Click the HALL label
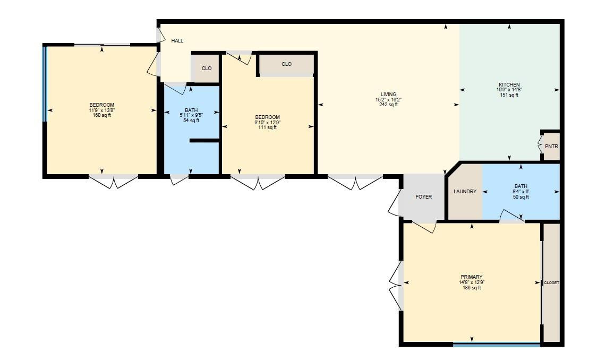click(x=177, y=40)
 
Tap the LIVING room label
click(x=388, y=95)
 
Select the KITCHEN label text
click(x=509, y=85)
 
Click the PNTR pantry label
click(x=551, y=146)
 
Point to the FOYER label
click(x=423, y=197)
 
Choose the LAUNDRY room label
click(x=465, y=192)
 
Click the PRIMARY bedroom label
click(x=471, y=277)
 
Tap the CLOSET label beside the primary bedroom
click(x=551, y=283)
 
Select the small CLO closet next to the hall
click(x=207, y=68)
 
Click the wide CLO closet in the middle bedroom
click(x=286, y=64)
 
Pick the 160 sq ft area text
click(x=101, y=115)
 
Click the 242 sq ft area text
click(x=388, y=105)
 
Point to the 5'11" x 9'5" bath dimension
click(x=191, y=115)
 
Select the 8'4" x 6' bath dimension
click(x=521, y=192)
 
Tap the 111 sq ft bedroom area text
click(x=267, y=127)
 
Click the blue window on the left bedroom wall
click(x=45, y=84)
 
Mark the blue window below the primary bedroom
click(x=496, y=344)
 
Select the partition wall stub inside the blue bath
click(x=204, y=141)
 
